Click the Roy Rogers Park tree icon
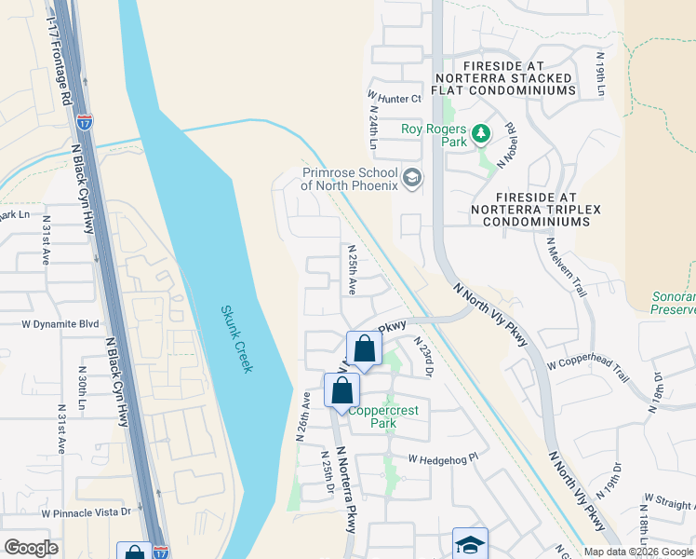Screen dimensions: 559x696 pos(481,135)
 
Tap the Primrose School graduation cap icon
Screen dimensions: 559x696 pos(412,177)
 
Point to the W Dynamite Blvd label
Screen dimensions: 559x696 pos(60,323)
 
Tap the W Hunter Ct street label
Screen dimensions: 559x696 pos(395,97)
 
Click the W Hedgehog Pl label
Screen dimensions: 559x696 pos(447,457)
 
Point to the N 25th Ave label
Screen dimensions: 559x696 pos(352,270)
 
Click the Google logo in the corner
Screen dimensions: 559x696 pos(31,548)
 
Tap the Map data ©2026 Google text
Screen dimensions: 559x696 pos(638,552)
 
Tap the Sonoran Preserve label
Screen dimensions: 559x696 pos(673,304)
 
